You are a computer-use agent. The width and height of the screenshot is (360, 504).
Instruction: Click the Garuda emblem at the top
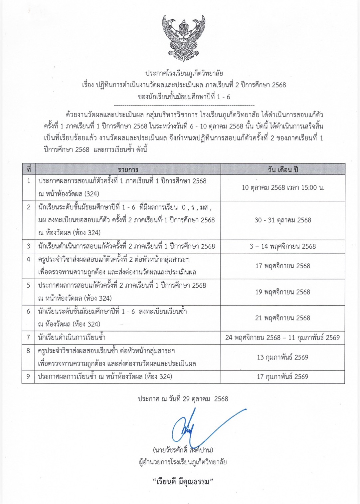[x=183, y=38]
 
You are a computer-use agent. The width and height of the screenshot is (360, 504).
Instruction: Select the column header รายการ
[x=128, y=169]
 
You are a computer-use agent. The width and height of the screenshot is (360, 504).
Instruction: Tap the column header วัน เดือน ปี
[x=283, y=169]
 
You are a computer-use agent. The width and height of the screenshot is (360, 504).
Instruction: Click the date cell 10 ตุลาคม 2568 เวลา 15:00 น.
[x=283, y=188]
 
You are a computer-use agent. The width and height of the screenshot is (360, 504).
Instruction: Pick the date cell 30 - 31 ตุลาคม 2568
[x=283, y=220]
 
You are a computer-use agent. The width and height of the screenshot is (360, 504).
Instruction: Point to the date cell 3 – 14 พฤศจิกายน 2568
[x=283, y=246]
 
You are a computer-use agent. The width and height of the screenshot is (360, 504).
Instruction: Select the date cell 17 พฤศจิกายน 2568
[x=283, y=266]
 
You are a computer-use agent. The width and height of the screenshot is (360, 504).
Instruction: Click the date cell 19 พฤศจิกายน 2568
[x=283, y=292]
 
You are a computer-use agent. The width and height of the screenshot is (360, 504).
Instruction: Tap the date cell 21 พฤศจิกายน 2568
[x=283, y=318]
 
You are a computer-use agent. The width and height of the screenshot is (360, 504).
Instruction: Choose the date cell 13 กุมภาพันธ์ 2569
[x=283, y=357]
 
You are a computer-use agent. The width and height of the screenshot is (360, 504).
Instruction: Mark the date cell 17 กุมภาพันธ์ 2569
[x=283, y=377]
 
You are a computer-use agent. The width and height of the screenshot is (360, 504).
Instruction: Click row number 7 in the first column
[x=29, y=338]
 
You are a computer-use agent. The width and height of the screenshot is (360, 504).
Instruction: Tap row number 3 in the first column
[x=29, y=246]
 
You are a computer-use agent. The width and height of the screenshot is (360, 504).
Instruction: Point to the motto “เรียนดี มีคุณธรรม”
[x=183, y=482]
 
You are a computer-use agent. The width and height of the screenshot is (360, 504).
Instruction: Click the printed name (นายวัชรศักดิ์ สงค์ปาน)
[x=183, y=450]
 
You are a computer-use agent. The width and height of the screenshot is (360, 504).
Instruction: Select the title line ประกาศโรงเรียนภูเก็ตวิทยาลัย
[x=184, y=73]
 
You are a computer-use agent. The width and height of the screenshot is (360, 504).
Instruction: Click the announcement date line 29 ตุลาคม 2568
[x=183, y=399]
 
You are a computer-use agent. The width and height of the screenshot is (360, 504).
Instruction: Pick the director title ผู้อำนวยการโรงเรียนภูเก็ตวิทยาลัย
[x=183, y=462]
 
